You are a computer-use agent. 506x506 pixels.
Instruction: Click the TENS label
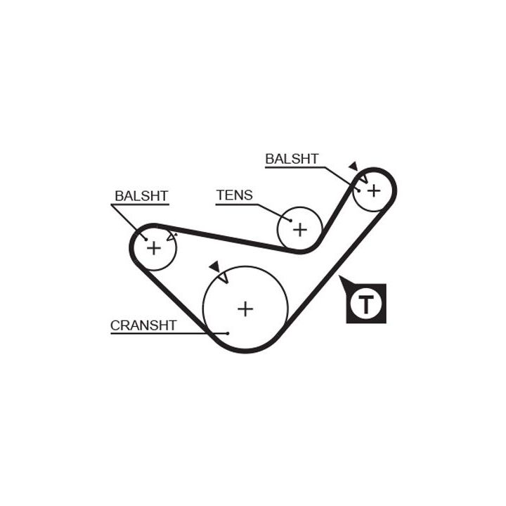[235, 195]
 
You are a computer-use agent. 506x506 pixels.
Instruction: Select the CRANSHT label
[143, 325]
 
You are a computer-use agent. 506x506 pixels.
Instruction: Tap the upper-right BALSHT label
[292, 159]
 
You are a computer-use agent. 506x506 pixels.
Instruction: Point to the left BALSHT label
[141, 195]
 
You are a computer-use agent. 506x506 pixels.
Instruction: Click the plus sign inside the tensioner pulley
[300, 229]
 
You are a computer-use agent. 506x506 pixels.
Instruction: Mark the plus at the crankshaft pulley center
[245, 308]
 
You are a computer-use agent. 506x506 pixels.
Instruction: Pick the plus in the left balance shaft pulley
[153, 247]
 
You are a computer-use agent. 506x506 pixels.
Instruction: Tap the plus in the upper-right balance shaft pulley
[374, 190]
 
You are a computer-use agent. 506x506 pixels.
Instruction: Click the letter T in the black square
[365, 304]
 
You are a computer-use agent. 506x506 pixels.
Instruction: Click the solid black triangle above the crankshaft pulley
[214, 266]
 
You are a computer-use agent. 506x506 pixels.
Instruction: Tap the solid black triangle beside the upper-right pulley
[353, 167]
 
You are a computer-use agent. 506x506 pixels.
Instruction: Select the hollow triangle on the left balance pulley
[171, 237]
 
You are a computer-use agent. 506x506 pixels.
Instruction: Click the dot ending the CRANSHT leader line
[228, 333]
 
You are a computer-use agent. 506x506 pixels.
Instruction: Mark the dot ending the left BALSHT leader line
[145, 239]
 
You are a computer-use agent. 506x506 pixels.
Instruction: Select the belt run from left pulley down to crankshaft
[169, 295]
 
